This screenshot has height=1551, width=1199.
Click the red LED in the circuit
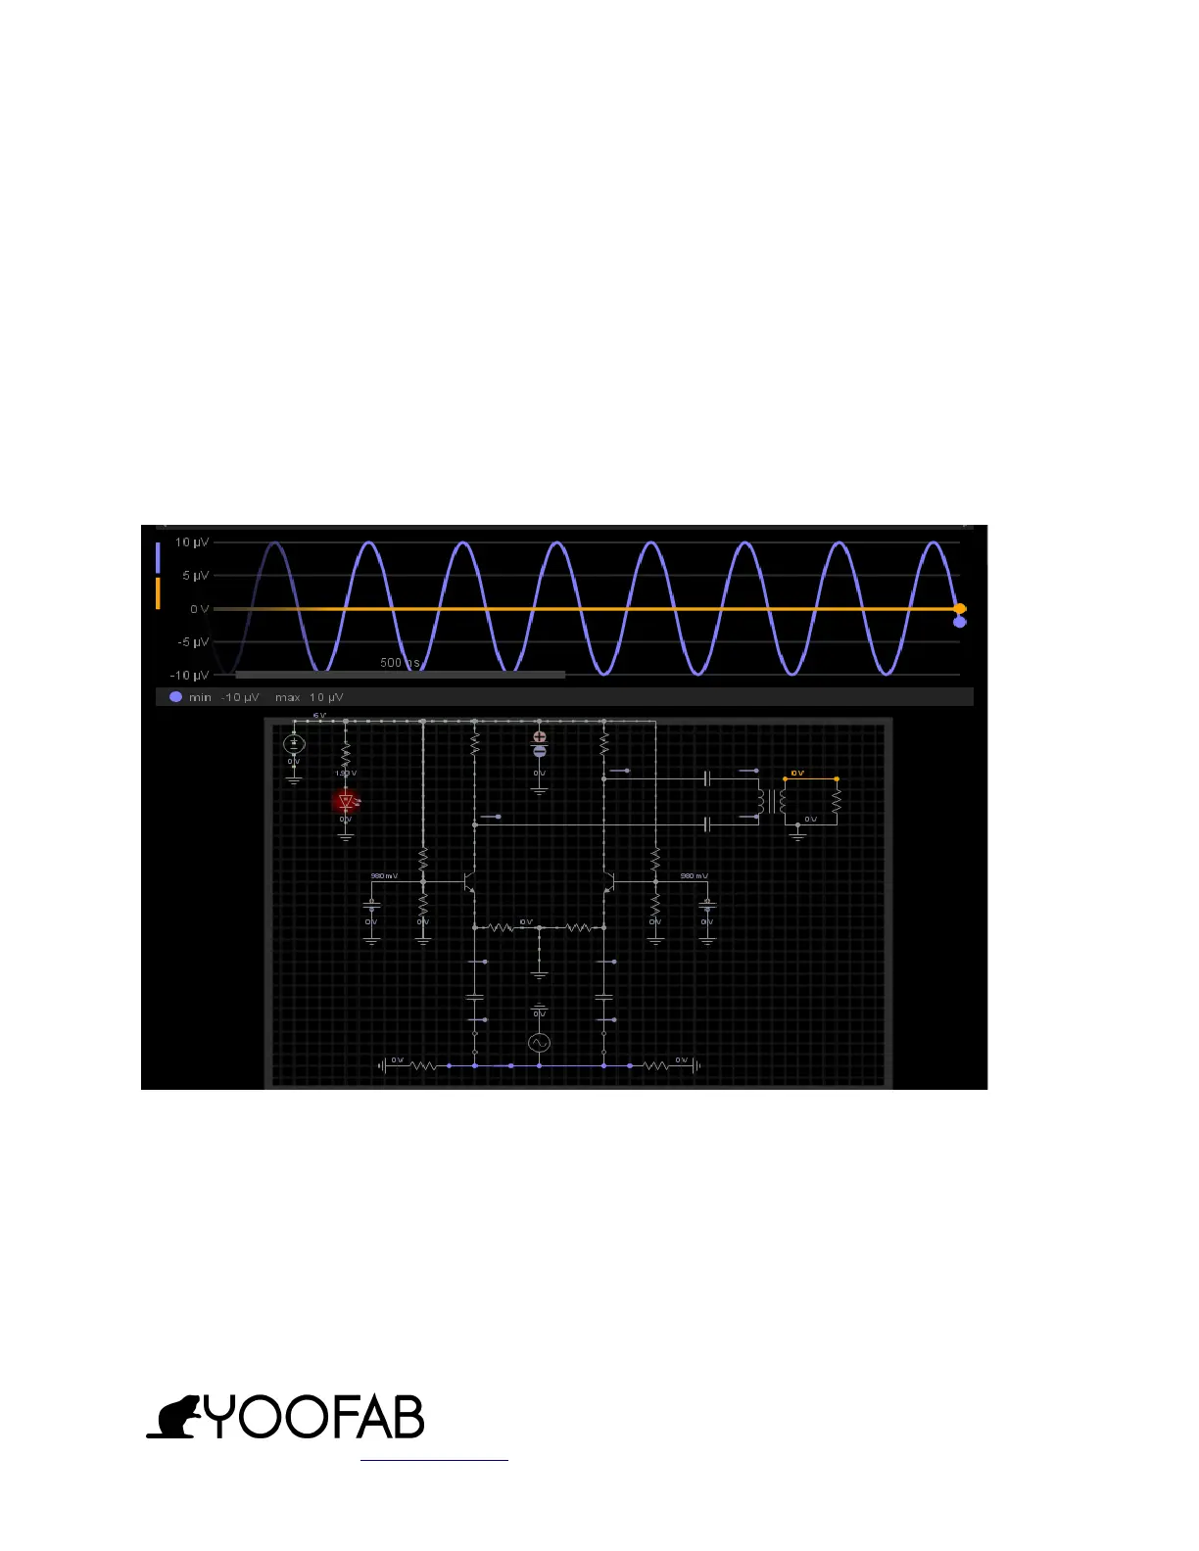pos(346,802)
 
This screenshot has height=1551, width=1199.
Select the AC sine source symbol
pos(539,1044)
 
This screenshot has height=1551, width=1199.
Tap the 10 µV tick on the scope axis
pos(192,542)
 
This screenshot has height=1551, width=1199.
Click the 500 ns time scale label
pos(400,663)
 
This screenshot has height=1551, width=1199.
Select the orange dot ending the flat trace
pos(960,609)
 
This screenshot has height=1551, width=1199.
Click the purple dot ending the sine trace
pos(960,622)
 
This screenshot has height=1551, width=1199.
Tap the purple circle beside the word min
pos(176,697)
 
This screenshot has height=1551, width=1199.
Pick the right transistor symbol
pos(608,881)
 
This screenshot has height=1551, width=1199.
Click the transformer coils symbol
pos(771,801)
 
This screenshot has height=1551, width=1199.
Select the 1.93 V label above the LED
pos(346,774)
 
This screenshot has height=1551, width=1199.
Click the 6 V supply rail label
pos(318,716)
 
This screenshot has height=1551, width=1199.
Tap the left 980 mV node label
pos(384,876)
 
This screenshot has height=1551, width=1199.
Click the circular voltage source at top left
pos(294,744)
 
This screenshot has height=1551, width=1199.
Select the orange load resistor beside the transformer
pos(837,801)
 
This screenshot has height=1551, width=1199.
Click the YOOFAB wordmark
pos(314,1417)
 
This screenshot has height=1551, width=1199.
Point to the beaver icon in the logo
pos(173,1418)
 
